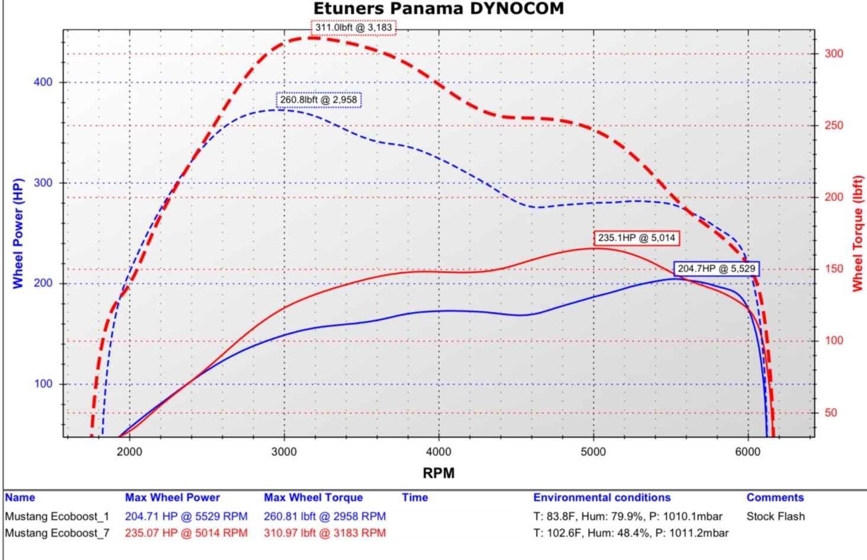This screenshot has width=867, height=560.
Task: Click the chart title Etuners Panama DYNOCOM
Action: [438, 9]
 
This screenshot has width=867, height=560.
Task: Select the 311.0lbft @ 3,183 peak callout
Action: [354, 27]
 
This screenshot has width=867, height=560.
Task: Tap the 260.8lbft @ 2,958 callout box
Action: [319, 100]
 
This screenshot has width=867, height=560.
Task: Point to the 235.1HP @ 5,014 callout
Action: [637, 238]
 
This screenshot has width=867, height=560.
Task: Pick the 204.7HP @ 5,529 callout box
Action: [717, 268]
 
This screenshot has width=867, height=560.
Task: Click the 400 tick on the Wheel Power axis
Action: [43, 82]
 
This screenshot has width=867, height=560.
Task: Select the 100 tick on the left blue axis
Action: [43, 383]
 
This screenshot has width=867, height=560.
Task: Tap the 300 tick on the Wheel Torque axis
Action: [834, 53]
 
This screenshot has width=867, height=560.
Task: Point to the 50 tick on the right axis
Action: [831, 412]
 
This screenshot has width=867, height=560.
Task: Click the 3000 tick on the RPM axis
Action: [284, 452]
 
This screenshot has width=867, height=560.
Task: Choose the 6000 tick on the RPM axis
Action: [747, 452]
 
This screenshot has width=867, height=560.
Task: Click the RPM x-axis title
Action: [438, 473]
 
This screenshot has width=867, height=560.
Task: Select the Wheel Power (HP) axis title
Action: [18, 233]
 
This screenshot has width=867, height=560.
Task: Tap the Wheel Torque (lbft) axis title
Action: [857, 233]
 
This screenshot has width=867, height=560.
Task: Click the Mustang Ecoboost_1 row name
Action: [57, 516]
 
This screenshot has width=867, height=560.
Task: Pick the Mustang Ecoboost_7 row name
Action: [57, 533]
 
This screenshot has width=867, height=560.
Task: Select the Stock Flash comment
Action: [775, 516]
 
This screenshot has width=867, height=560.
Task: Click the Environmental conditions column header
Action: [602, 498]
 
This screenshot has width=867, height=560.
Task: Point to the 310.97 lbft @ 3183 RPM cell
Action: [325, 533]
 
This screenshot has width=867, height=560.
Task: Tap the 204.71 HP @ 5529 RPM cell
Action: [186, 516]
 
